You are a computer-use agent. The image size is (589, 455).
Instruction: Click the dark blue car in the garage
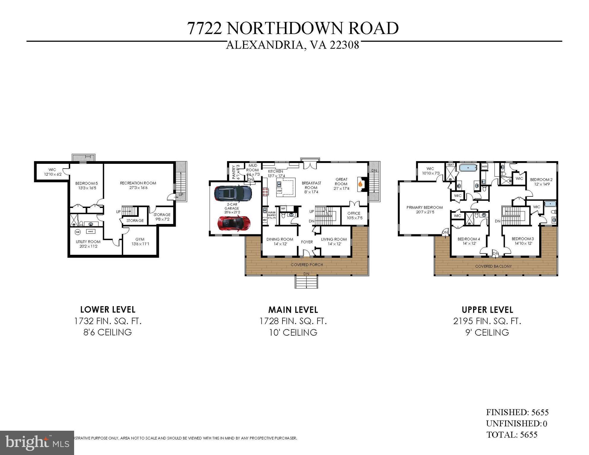(233, 193)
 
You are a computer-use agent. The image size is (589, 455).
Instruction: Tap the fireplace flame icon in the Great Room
(360, 184)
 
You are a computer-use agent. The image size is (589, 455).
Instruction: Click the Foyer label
(307, 242)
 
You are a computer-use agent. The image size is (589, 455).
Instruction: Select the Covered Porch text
(307, 265)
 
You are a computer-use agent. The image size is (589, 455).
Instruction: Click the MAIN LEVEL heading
(293, 310)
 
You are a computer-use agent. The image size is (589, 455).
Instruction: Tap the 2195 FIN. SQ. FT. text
(487, 321)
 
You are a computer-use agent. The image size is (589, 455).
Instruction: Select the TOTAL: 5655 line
(512, 435)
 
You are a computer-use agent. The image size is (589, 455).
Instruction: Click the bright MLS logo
(37, 443)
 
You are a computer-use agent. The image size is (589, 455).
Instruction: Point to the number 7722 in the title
(205, 28)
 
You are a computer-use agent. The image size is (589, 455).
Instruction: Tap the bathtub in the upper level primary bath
(468, 168)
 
